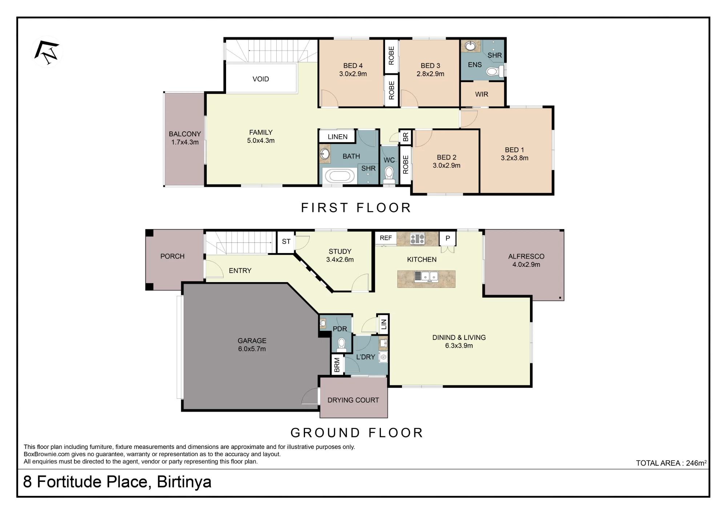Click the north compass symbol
47,52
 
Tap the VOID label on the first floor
261,79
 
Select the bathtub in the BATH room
340,176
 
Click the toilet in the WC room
389,174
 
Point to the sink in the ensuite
471,46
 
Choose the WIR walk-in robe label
482,94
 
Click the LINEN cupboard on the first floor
337,136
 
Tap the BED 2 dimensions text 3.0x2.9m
446,165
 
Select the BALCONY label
185,134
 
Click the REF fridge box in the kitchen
386,238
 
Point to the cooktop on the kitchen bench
417,238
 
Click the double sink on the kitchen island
426,277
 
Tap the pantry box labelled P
448,238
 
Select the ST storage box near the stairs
286,242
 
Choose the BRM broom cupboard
337,365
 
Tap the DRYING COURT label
353,400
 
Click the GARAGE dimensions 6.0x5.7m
252,349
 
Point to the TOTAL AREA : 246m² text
671,463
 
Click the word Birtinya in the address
184,482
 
